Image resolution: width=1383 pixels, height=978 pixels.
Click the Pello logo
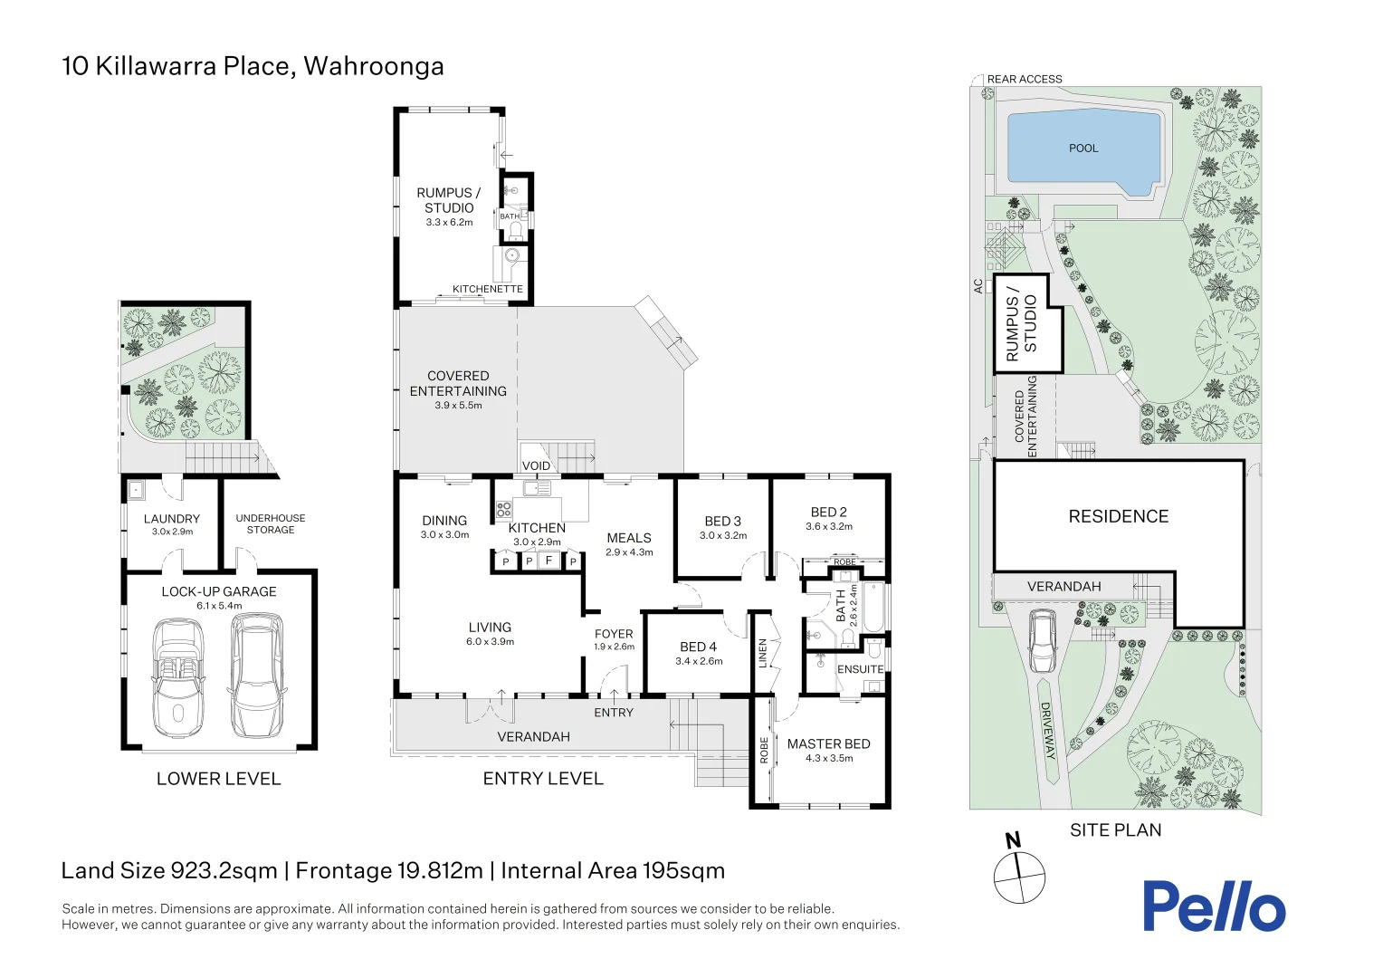tap(1213, 906)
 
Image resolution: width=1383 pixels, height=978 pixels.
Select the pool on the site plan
tap(1083, 149)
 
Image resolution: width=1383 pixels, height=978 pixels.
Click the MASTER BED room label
tap(828, 744)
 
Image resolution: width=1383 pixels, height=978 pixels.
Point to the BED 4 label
tap(698, 647)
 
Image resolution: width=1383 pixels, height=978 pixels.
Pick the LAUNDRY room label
tap(171, 519)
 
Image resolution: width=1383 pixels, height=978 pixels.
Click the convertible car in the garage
tap(177, 676)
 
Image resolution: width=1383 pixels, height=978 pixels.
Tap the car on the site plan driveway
tap(1043, 640)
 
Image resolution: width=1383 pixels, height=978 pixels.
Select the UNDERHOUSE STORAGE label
tap(270, 524)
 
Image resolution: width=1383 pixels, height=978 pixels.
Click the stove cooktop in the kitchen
tap(504, 509)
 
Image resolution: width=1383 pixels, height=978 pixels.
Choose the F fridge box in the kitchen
tap(548, 561)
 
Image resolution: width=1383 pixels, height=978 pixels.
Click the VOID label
tap(536, 465)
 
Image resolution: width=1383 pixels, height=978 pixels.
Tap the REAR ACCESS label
tap(1025, 80)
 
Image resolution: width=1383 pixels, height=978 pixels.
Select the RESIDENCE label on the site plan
tap(1118, 516)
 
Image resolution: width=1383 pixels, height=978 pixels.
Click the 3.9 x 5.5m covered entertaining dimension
tap(458, 406)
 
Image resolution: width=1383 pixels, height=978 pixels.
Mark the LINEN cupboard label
tap(762, 653)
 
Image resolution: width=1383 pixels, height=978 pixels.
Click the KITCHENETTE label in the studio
tap(487, 289)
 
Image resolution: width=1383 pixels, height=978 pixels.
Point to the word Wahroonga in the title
tap(373, 66)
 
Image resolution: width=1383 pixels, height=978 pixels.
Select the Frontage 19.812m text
tap(389, 871)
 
